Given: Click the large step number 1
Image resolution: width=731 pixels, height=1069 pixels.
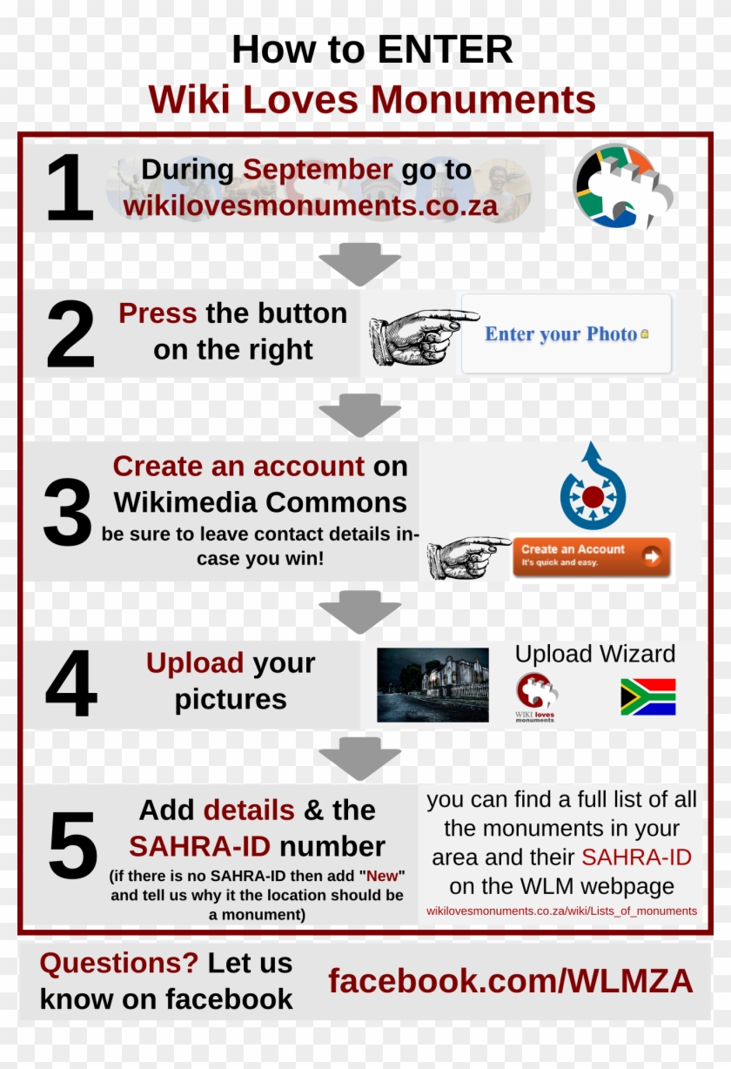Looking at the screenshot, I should [70, 188].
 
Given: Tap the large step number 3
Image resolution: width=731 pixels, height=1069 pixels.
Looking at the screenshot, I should [68, 514].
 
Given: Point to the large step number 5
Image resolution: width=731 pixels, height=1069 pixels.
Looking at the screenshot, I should [73, 846].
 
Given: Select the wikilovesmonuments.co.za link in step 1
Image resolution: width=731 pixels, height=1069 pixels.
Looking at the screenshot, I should [310, 206].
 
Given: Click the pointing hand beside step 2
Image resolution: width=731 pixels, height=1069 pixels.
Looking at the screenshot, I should [422, 334].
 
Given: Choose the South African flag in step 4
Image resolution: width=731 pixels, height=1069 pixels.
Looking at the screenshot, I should [647, 697].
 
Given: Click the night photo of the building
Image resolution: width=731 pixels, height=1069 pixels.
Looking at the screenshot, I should [433, 684].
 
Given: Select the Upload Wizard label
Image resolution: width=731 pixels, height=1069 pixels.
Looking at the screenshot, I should [595, 655].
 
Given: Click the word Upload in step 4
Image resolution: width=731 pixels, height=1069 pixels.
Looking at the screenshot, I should [195, 663].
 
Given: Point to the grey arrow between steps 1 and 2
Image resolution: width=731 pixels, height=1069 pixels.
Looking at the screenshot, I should [359, 263].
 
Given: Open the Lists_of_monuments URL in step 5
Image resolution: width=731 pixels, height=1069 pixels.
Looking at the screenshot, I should [561, 911].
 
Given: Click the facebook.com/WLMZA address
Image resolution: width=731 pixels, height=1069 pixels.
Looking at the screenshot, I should [511, 982].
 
